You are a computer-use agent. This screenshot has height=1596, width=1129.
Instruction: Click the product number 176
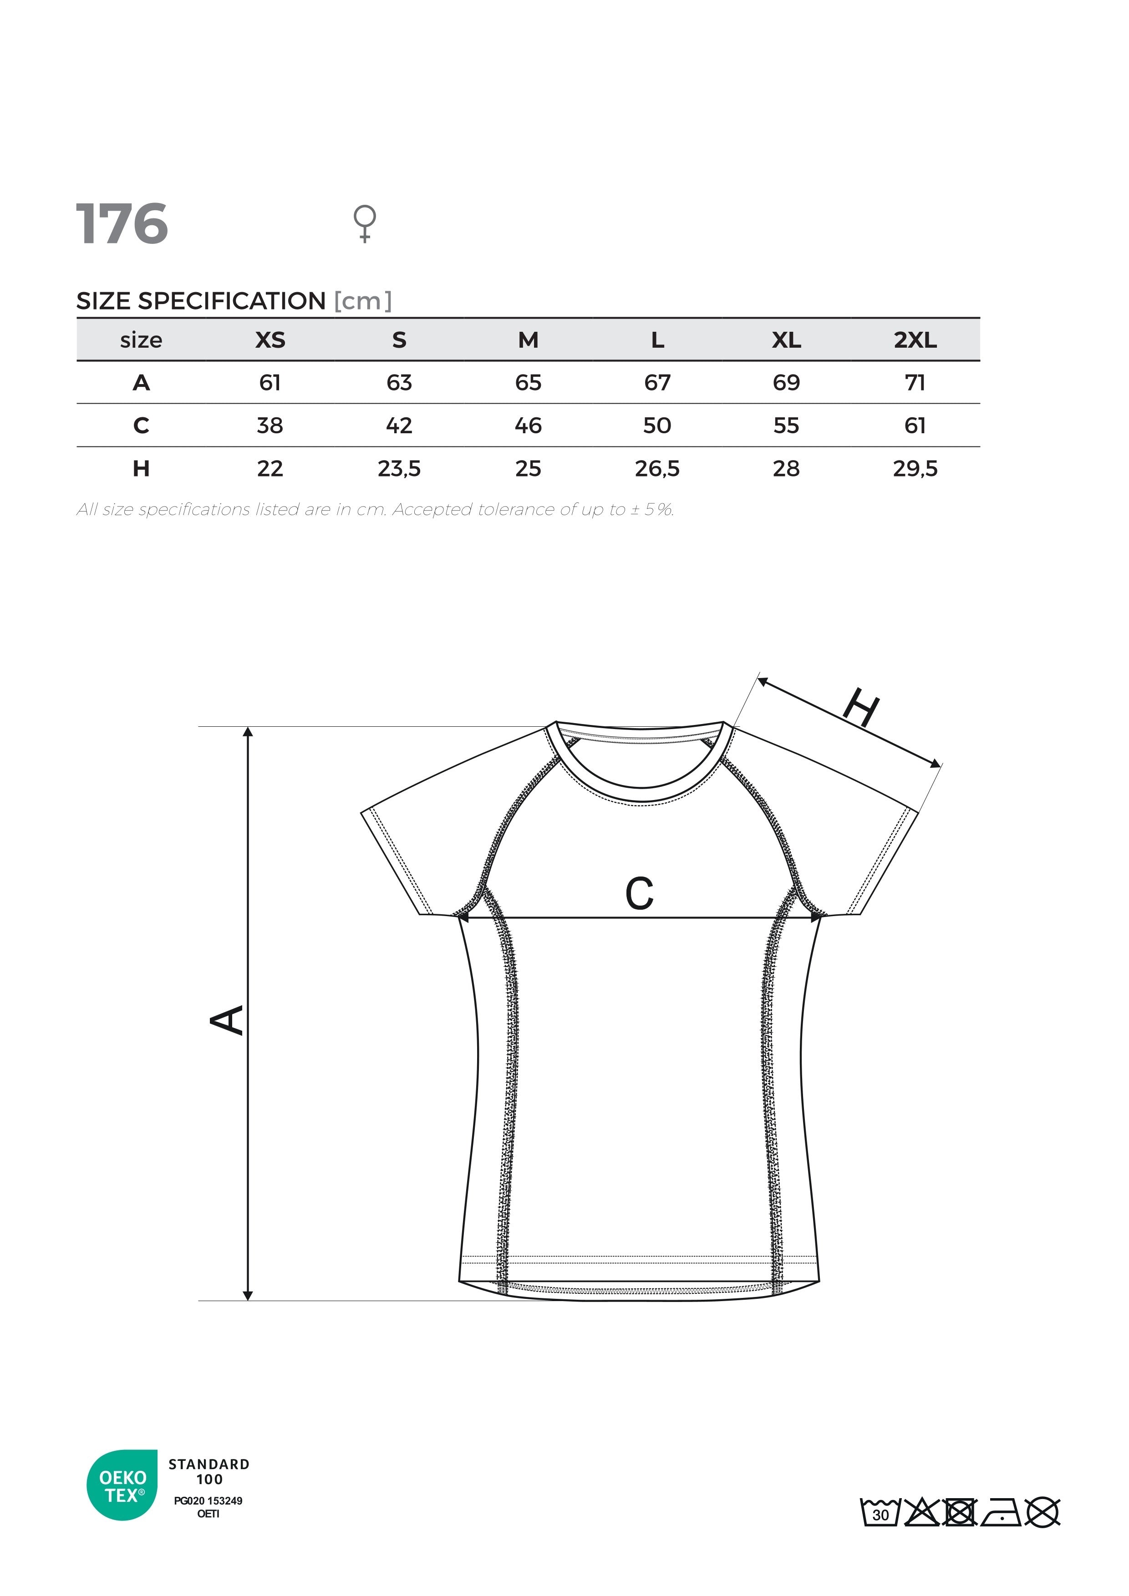coord(122,224)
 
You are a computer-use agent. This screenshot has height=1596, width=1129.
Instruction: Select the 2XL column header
coord(915,340)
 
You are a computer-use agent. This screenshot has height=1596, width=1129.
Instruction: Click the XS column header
coord(270,340)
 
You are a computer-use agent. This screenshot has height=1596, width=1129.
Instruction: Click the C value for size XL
coord(786,426)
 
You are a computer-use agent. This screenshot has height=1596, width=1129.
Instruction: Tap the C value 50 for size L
coord(657,426)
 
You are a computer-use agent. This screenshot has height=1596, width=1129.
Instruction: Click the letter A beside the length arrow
coord(227,1020)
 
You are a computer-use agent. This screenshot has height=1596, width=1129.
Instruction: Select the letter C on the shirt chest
coord(640,893)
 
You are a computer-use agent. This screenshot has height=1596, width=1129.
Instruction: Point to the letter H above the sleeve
coord(861,708)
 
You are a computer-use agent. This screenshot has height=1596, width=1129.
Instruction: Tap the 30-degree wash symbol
coord(880,1513)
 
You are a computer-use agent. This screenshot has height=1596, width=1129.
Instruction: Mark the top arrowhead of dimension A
coord(248,732)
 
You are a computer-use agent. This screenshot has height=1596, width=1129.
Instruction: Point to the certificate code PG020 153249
coord(208,1500)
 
